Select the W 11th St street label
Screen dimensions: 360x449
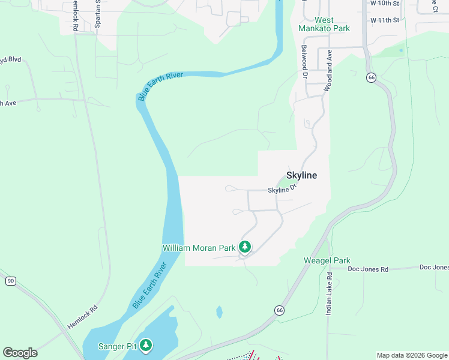pos(385,20)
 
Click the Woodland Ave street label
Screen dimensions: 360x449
pos(328,70)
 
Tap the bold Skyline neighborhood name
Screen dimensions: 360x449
pos(301,175)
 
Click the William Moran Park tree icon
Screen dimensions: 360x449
pos(244,247)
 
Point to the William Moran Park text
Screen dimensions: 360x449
pos(199,247)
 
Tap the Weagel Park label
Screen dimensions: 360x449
pos(327,260)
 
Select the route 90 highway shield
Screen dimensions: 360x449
pos(10,280)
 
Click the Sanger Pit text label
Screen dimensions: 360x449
pos(118,346)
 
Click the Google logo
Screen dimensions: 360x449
pos(20,353)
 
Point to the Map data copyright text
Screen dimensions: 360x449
pos(411,355)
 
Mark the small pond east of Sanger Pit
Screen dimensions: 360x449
pos(219,312)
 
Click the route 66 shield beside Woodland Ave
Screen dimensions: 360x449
pos(372,77)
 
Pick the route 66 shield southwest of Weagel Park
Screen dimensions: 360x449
pos(279,310)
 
